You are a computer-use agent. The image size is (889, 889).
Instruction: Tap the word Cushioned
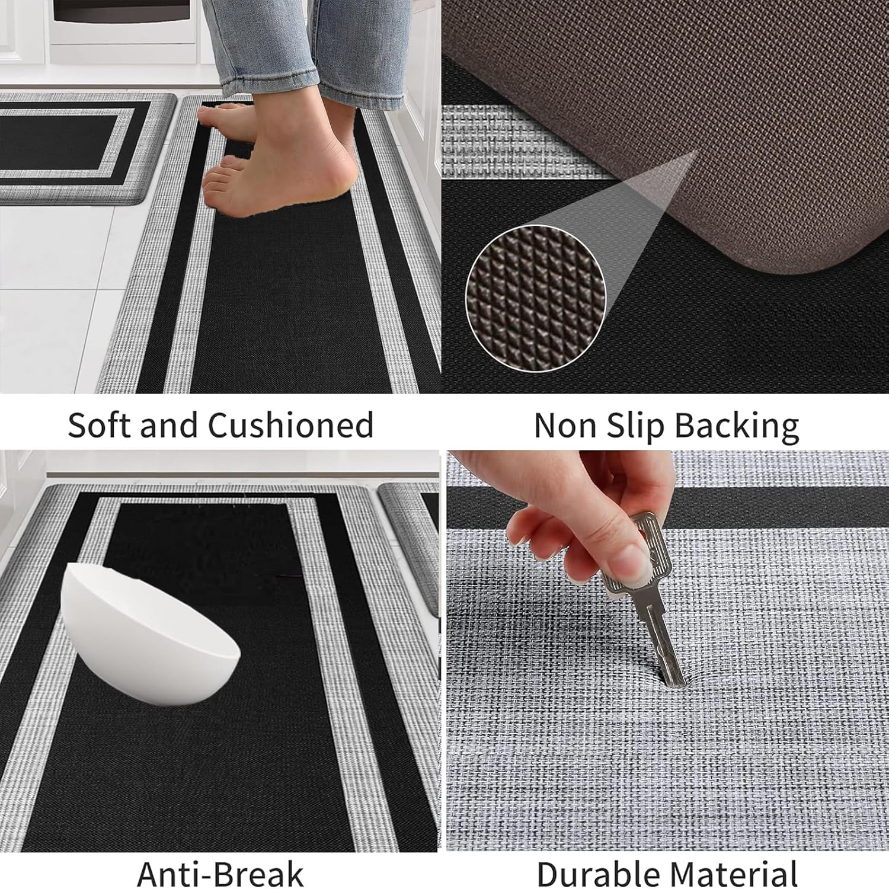290,425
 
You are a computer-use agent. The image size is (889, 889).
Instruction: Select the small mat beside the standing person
77,148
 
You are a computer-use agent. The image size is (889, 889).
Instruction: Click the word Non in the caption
563,425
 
